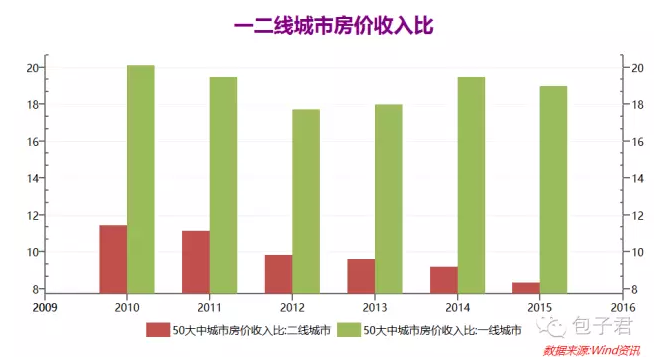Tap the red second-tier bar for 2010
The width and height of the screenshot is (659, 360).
click(x=113, y=258)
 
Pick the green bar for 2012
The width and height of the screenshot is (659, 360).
click(x=306, y=200)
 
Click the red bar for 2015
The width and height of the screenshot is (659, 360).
click(x=525, y=287)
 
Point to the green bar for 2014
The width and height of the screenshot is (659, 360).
click(x=471, y=184)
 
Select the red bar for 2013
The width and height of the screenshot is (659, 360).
click(x=361, y=275)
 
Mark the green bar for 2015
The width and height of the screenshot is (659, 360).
click(x=553, y=189)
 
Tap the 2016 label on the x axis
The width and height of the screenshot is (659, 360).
click(x=622, y=306)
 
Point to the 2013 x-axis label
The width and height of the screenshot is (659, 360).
click(x=375, y=306)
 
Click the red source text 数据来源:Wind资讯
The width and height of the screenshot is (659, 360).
click(x=592, y=351)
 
